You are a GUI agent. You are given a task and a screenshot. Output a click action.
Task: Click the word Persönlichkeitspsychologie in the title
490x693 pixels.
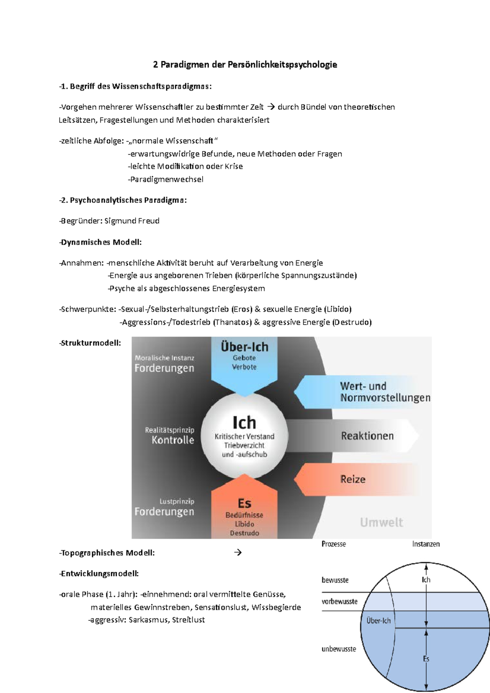click(282, 64)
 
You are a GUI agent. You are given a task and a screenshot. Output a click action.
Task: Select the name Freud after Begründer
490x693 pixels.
click(149, 221)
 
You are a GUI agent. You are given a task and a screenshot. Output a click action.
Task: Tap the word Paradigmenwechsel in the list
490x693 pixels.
click(166, 179)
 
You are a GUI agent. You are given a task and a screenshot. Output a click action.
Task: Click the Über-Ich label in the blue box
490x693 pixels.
click(244, 347)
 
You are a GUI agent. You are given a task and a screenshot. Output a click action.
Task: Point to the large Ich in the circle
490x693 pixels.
click(244, 422)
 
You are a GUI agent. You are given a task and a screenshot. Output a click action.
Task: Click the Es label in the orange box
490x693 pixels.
click(244, 503)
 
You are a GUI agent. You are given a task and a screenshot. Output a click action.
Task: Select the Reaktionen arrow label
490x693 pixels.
click(367, 436)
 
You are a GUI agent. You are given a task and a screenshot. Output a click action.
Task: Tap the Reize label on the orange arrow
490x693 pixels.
click(353, 479)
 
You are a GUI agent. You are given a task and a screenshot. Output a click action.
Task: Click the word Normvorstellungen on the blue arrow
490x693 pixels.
click(385, 398)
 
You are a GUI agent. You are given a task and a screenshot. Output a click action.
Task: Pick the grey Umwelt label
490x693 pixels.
click(381, 522)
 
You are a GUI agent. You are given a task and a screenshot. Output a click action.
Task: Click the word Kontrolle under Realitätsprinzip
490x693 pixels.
click(173, 440)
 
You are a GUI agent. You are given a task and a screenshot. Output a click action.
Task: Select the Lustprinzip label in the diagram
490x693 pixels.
click(177, 501)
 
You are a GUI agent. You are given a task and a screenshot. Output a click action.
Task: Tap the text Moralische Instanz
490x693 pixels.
click(165, 358)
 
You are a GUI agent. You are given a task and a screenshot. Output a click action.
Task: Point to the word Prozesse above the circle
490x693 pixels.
click(334, 544)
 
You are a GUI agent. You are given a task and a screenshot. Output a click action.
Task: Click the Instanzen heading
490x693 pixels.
click(426, 544)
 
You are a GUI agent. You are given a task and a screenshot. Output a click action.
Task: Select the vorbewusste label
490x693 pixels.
click(339, 602)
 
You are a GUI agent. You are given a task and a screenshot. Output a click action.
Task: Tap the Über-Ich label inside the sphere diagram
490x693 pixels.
click(379, 621)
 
